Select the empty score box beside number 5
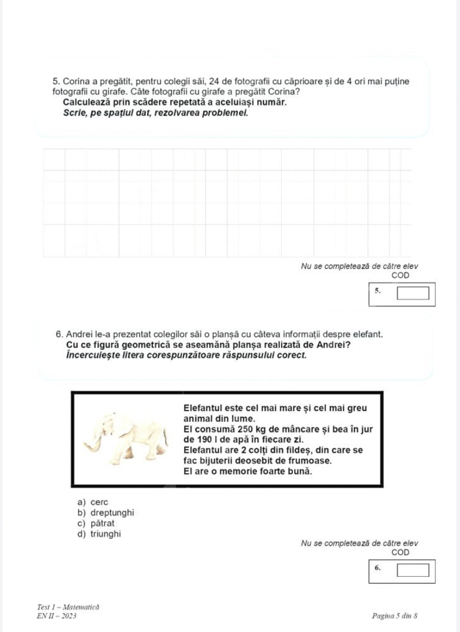[412, 294]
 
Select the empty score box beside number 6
[412, 570]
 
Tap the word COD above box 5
[400, 276]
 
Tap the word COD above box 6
[400, 552]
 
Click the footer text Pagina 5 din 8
[395, 616]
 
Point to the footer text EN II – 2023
[56, 616]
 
